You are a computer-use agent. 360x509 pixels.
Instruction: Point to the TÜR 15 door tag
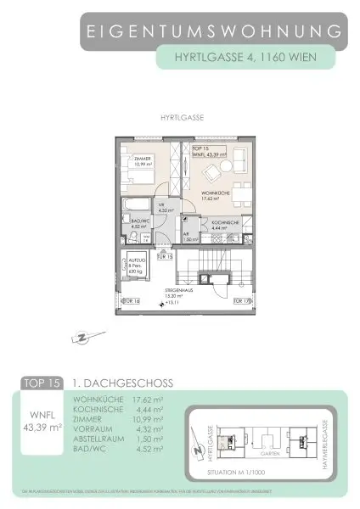165,256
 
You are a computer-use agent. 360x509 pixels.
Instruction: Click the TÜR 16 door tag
132,299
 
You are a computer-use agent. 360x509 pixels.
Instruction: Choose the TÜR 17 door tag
242,299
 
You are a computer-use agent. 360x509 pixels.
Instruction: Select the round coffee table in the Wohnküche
222,169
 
